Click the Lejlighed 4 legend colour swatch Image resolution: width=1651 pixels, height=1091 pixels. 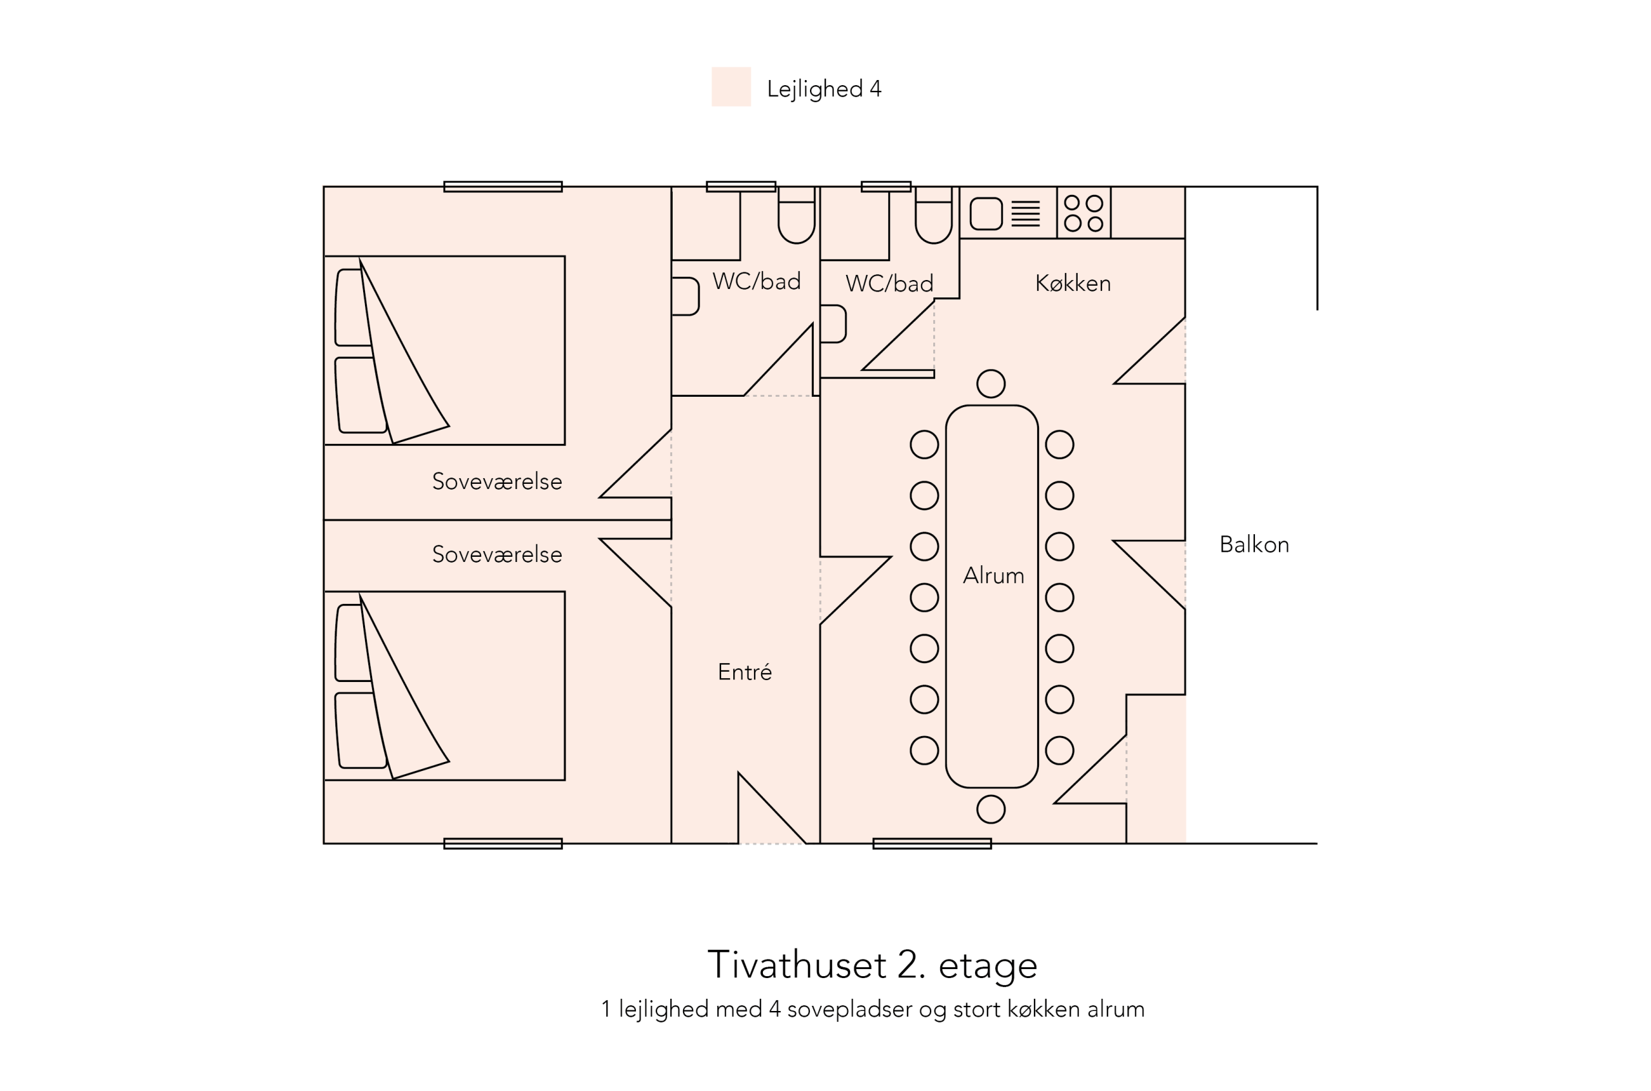tap(730, 87)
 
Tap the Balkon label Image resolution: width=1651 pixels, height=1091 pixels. tap(1253, 545)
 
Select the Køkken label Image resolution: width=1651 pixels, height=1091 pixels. tap(1073, 283)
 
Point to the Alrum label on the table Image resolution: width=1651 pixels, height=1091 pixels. tap(993, 576)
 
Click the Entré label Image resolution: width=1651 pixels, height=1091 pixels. tap(744, 672)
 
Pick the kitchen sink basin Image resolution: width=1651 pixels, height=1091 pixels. tap(985, 214)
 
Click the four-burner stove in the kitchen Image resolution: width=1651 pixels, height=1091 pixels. tap(1083, 213)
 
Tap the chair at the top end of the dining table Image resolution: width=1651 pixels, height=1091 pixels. tap(991, 383)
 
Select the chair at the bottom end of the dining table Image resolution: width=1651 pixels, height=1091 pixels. tap(991, 809)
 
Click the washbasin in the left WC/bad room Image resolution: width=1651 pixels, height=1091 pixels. tap(685, 296)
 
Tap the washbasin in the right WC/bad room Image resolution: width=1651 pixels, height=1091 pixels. tap(833, 323)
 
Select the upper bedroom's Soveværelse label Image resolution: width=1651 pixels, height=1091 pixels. tap(497, 481)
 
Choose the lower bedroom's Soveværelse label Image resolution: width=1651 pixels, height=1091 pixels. tap(497, 555)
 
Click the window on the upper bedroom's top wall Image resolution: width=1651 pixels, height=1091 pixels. tap(502, 186)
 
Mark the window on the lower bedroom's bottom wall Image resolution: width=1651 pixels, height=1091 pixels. tap(502, 844)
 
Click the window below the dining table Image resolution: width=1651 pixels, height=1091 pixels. tap(931, 844)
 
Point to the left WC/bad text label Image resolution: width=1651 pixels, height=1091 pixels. tap(756, 281)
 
